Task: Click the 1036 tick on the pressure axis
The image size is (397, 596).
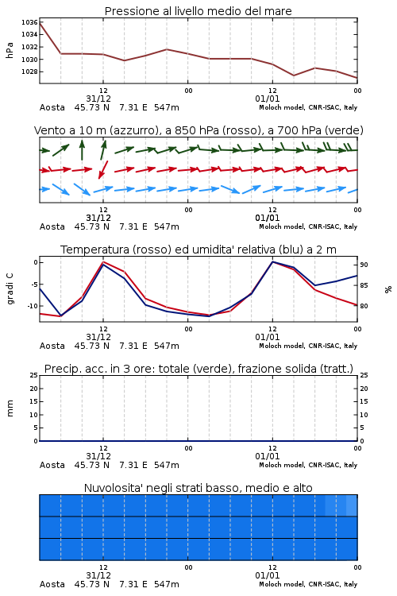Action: coord(29,22)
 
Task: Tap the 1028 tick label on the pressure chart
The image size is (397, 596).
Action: coord(29,72)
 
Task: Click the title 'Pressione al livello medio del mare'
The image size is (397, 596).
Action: coord(198,11)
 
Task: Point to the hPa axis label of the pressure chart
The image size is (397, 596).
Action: coord(10,50)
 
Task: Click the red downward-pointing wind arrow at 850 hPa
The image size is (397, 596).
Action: coord(103,169)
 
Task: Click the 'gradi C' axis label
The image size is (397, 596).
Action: coord(10,288)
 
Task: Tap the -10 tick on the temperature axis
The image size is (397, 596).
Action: coord(32,306)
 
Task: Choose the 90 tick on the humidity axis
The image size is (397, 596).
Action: coord(364,265)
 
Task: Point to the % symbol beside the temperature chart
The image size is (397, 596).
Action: coord(388,289)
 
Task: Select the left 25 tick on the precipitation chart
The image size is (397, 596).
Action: coord(34,376)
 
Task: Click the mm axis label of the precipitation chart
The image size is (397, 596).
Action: coord(10,408)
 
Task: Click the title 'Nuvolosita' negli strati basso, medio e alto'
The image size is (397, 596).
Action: coord(198,488)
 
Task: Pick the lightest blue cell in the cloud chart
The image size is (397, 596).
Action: coord(352,505)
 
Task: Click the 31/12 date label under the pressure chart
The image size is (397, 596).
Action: coord(98,99)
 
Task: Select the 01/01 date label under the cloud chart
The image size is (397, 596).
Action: coord(268,575)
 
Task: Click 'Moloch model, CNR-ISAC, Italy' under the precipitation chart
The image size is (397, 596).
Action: coord(308,465)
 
